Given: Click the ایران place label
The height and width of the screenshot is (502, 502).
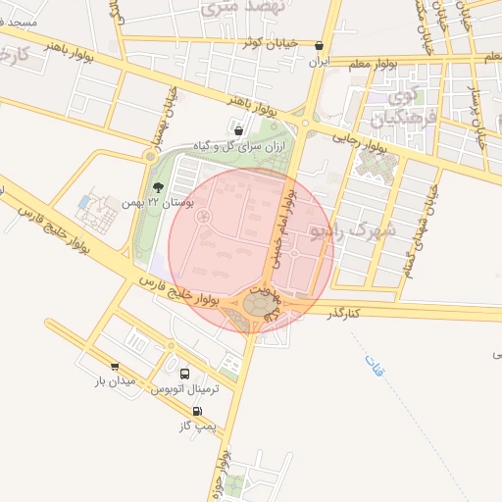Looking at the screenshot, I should tap(317, 62).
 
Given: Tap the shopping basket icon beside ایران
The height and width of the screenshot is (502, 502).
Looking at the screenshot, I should tap(320, 45).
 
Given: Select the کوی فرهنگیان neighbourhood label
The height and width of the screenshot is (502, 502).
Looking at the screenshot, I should tap(400, 108).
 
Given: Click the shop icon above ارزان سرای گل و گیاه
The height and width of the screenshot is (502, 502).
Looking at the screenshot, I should tap(239, 127).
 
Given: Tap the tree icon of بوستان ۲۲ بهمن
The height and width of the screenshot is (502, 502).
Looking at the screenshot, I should tap(158, 187).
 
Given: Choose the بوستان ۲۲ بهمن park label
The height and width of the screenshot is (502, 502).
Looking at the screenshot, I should tap(157, 202).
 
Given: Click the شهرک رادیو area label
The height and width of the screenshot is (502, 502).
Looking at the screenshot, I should tap(355, 230).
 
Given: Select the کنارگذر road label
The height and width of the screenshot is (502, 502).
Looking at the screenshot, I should tap(344, 312).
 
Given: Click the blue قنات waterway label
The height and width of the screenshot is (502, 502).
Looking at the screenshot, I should tap(375, 366).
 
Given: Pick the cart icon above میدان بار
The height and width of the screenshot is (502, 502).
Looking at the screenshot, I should tap(116, 366).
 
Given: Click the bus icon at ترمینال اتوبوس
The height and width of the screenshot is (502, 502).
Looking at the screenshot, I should tap(186, 374).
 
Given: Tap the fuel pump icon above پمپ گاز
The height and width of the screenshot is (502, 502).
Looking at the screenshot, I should tap(198, 412).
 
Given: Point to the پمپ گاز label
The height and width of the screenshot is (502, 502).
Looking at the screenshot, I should tap(196, 427).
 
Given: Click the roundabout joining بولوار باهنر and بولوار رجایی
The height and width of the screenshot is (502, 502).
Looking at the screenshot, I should tap(305, 124).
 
